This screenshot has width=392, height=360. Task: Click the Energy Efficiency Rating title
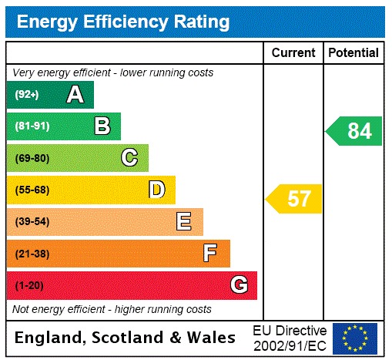pyautogui.click(x=123, y=22)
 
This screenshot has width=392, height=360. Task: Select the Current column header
pyautogui.click(x=293, y=52)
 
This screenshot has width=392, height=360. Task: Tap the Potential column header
pyautogui.click(x=353, y=52)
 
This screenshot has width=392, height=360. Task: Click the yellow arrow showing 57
pyautogui.click(x=295, y=199)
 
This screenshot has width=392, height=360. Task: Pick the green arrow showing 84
pyautogui.click(x=354, y=131)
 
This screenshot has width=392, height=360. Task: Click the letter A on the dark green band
pyautogui.click(x=75, y=95)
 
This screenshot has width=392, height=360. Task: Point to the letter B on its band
pyautogui.click(x=102, y=126)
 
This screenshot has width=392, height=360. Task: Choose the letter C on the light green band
pyautogui.click(x=129, y=158)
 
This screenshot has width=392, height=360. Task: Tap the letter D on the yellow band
pyautogui.click(x=156, y=190)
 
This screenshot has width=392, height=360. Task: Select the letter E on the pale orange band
pyautogui.click(x=183, y=222)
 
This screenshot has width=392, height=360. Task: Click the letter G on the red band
pyautogui.click(x=239, y=285)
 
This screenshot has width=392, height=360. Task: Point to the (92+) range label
pyautogui.click(x=27, y=95)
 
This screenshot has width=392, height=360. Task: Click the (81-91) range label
pyautogui.click(x=32, y=126)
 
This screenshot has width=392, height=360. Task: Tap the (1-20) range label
pyautogui.click(x=29, y=286)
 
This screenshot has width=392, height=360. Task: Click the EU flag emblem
pyautogui.click(x=355, y=338)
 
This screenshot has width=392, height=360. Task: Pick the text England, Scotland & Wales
pyautogui.click(x=126, y=338)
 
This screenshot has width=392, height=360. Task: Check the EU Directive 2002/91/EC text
pyautogui.click(x=290, y=338)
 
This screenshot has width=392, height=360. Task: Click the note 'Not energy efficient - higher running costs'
pyautogui.click(x=112, y=309)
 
